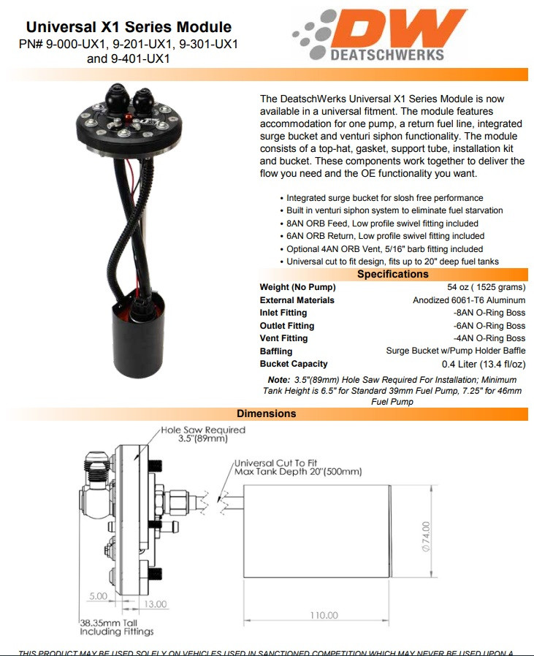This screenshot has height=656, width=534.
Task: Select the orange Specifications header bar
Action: pyautogui.click(x=392, y=275)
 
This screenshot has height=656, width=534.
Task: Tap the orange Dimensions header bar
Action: pyautogui.click(x=267, y=413)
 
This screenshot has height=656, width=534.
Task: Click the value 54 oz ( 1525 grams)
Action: pyautogui.click(x=486, y=287)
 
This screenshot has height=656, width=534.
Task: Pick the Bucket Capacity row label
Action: pyautogui.click(x=294, y=364)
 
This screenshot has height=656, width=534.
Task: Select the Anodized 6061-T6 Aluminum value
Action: pyautogui.click(x=469, y=300)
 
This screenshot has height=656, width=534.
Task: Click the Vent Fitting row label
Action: pyautogui.click(x=283, y=338)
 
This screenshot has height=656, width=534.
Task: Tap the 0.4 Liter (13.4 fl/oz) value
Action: pyautogui.click(x=483, y=365)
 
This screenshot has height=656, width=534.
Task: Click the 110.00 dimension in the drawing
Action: pyautogui.click(x=323, y=616)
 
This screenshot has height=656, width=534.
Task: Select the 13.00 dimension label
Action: pyautogui.click(x=155, y=604)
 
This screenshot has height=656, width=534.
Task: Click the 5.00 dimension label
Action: pyautogui.click(x=98, y=596)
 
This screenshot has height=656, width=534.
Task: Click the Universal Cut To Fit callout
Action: pyautogui.click(x=297, y=468)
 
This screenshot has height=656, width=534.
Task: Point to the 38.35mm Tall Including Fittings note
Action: pyautogui.click(x=117, y=627)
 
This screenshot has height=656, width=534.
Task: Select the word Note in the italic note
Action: pyautogui.click(x=278, y=380)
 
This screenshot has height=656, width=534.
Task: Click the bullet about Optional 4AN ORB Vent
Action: pyautogui.click(x=384, y=249)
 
